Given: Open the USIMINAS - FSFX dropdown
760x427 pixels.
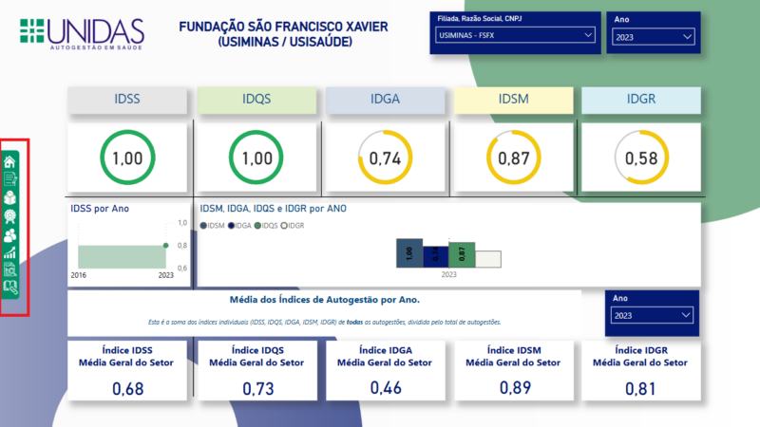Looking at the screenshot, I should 514,36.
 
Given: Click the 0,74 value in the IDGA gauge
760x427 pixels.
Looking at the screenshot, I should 385,159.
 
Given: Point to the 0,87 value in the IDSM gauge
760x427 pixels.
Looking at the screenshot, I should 513,159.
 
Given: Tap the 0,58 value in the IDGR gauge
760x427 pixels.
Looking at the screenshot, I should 641,159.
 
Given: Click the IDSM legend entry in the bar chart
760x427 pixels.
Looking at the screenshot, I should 215,226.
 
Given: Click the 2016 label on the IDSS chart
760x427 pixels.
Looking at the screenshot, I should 80,274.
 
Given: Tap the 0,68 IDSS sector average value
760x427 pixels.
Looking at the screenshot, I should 127,388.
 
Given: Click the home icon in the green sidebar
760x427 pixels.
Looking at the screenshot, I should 10,160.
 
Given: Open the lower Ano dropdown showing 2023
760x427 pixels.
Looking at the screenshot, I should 652,315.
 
